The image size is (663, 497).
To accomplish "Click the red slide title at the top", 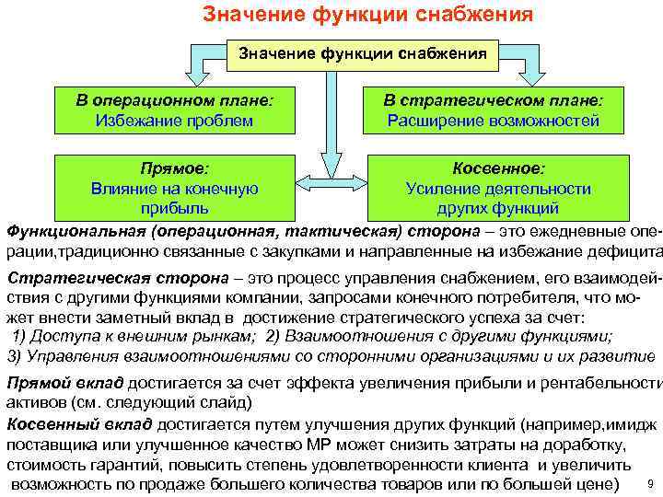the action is click(367, 15).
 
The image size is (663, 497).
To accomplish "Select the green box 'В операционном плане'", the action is click(174, 110).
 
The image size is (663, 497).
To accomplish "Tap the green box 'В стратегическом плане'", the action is click(494, 110).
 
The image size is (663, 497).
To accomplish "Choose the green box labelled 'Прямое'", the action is click(174, 189).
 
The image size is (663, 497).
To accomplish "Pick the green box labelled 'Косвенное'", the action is click(498, 189).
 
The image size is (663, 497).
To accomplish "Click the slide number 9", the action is click(651, 484).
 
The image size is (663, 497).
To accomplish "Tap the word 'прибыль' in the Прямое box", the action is click(174, 208).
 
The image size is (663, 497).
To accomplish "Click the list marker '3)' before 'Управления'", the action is click(14, 357).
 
